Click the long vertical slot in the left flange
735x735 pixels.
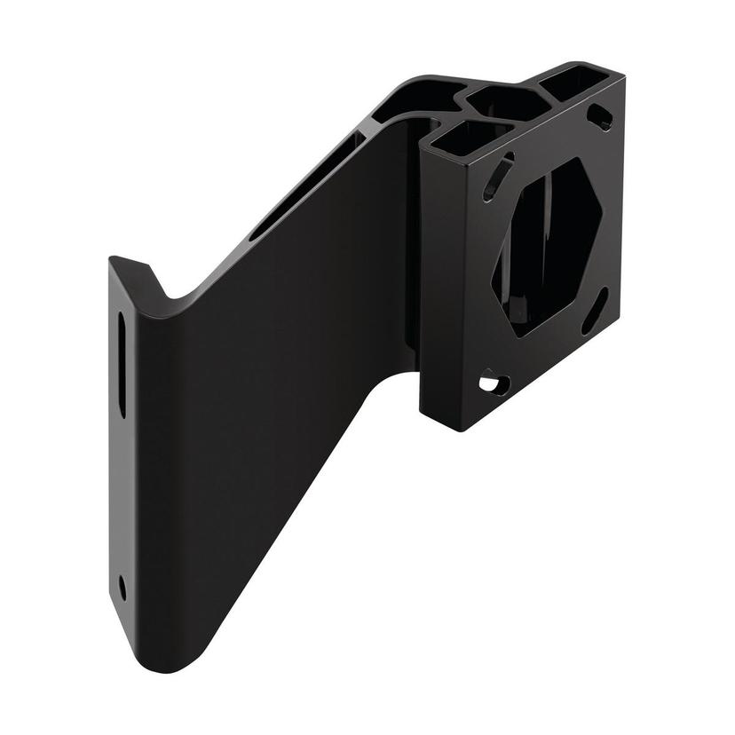tap(122, 364)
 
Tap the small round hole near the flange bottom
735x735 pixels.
tap(122, 587)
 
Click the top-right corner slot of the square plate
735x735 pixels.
tap(599, 116)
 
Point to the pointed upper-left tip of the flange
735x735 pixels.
tap(113, 259)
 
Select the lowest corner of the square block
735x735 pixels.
tap(458, 431)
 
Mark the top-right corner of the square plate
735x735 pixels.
tap(622, 80)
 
